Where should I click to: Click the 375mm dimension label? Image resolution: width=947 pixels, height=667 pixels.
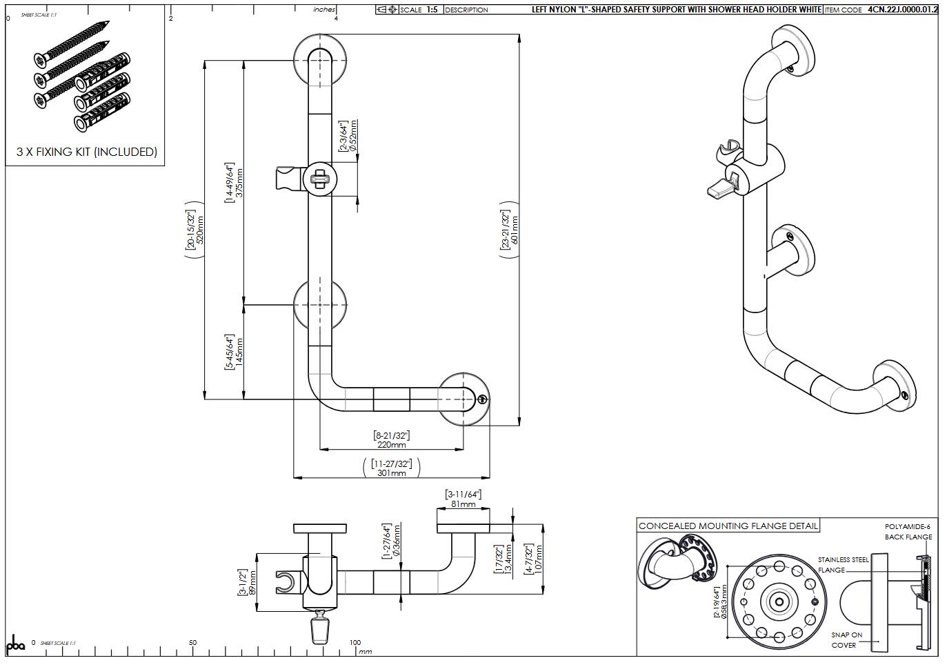click(239, 183)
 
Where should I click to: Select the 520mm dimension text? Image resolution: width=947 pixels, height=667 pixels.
click(201, 230)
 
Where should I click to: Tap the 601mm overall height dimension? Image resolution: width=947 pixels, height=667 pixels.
click(515, 230)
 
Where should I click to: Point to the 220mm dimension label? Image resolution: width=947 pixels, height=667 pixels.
click(392, 445)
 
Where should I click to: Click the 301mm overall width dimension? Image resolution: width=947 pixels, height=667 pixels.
click(392, 473)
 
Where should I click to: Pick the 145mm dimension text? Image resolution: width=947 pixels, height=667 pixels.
click(239, 352)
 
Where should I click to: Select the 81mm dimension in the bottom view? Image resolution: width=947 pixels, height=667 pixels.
click(463, 504)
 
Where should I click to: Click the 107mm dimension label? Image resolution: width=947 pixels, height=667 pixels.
click(539, 559)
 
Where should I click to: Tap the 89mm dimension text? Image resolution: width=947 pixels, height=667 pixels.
click(253, 582)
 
